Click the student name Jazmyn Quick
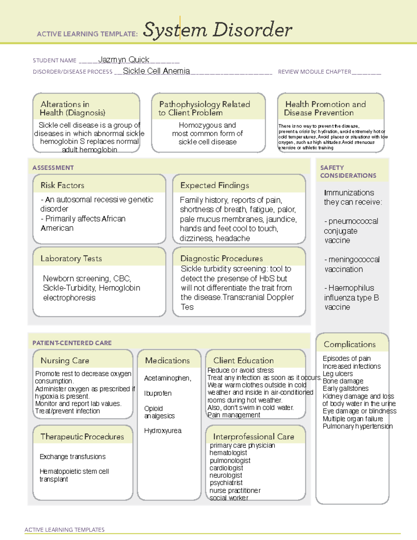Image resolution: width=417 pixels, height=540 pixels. [123, 60]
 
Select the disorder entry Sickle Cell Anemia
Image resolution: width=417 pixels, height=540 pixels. [156, 71]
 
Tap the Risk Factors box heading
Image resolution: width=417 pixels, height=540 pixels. [62, 185]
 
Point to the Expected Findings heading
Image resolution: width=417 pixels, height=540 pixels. [214, 185]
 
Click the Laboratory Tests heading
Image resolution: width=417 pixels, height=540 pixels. [71, 258]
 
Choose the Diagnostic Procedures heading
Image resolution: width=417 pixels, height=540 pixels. [221, 258]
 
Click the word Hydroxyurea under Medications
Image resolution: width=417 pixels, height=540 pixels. [163, 430]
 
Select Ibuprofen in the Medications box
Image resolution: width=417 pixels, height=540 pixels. [158, 393]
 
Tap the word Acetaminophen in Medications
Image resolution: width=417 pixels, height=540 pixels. [167, 378]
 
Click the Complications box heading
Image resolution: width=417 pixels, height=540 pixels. [350, 344]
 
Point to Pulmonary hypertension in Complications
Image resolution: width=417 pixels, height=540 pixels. [358, 426]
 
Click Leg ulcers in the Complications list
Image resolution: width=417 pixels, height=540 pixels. [337, 374]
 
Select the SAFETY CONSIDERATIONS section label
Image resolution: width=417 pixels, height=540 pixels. [348, 171]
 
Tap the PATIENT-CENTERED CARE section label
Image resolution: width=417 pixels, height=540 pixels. [72, 343]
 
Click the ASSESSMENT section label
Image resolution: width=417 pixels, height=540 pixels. [53, 168]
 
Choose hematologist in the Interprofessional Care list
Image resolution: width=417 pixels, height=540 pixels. [228, 453]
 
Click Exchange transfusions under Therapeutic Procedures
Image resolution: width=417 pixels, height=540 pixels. [73, 457]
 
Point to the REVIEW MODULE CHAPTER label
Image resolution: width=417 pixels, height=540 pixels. [314, 72]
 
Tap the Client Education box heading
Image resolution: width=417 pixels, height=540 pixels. [243, 361]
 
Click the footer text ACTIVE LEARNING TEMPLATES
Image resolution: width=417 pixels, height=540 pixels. [64, 530]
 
